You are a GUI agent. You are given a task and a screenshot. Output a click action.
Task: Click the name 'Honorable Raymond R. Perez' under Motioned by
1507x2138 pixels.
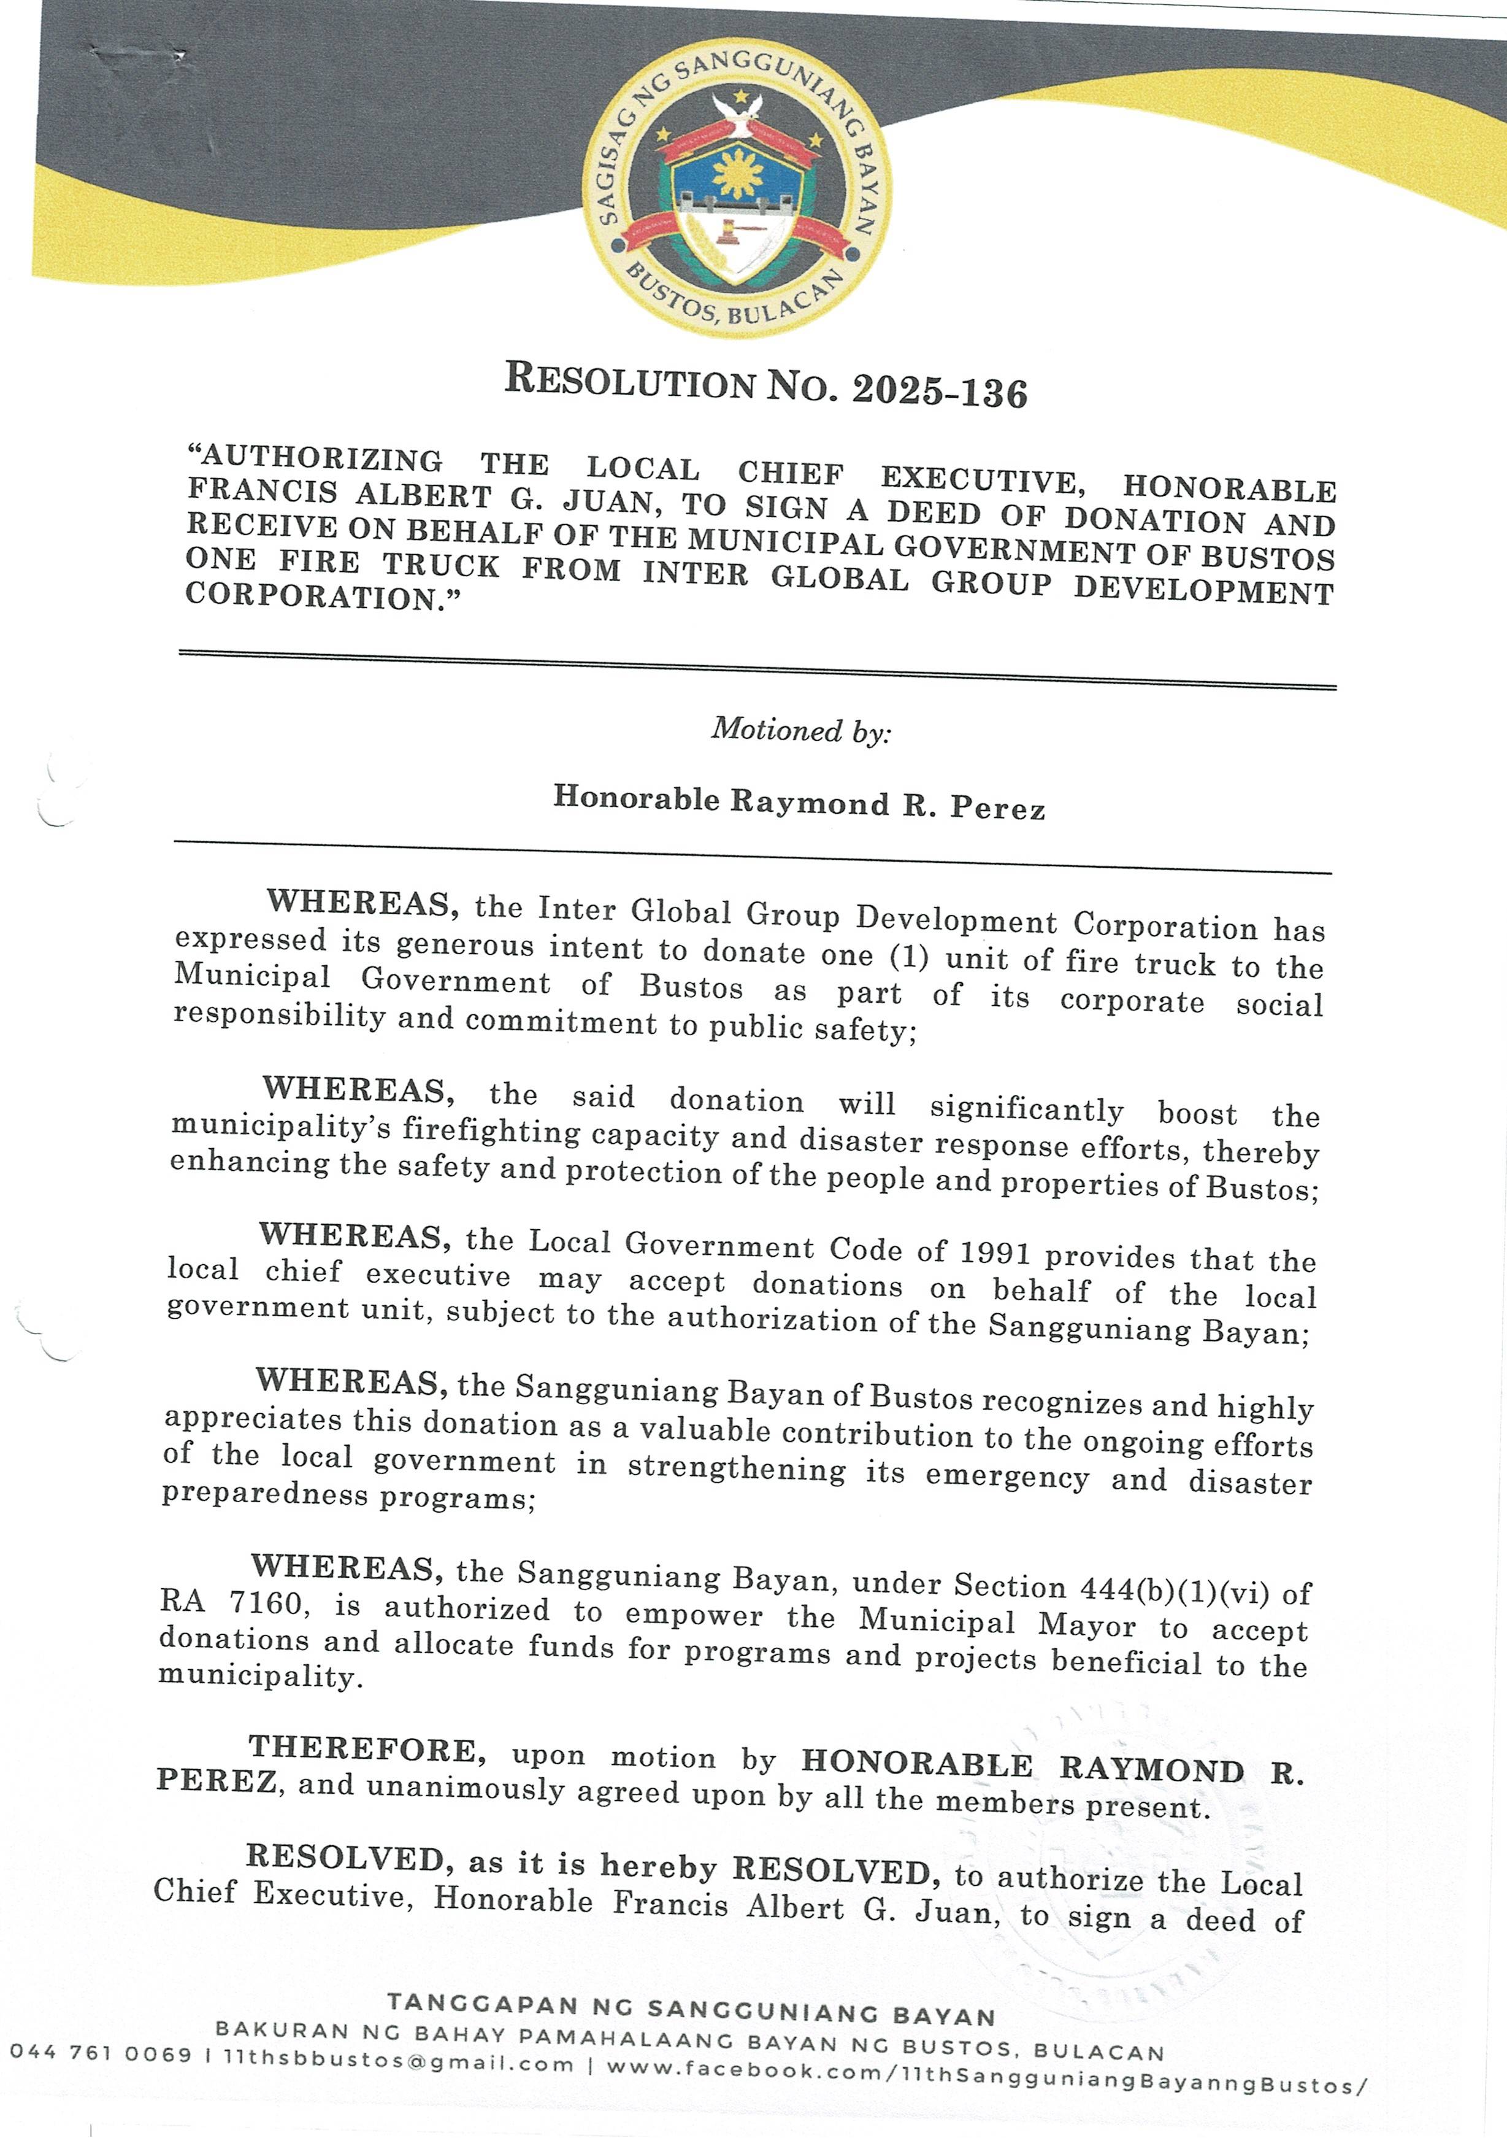click(799, 801)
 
